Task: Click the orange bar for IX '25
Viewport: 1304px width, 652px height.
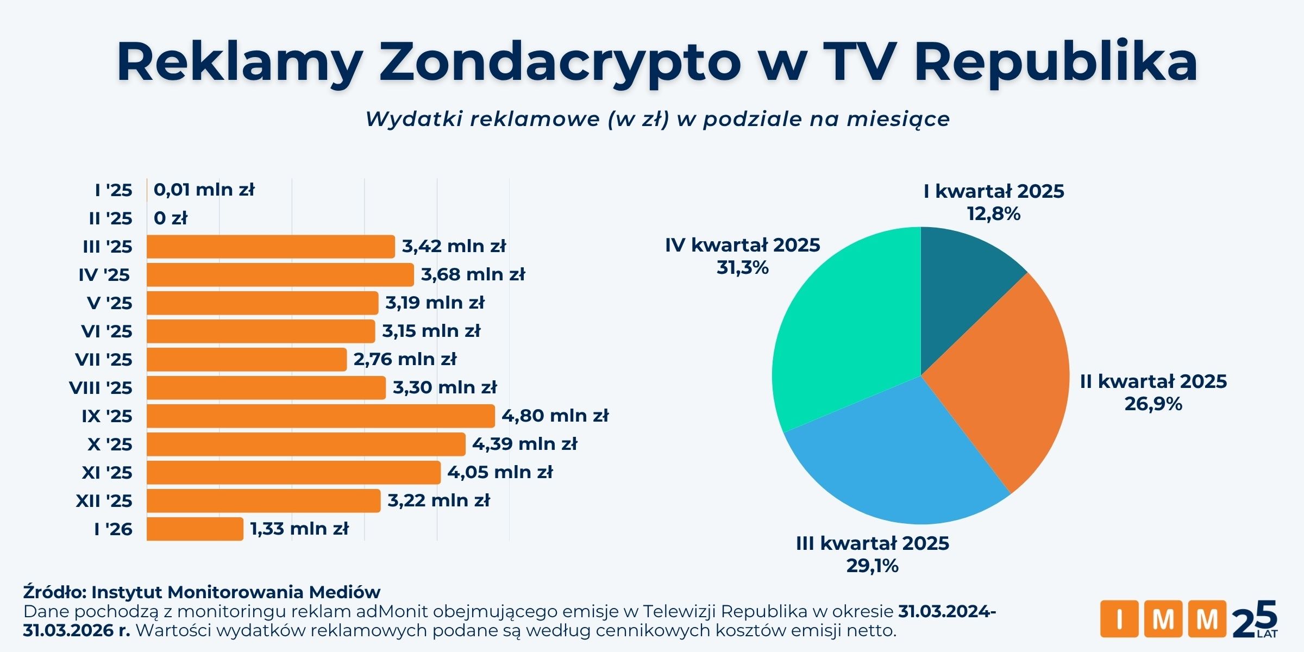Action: tap(321, 416)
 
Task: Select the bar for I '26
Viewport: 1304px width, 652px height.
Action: tap(195, 529)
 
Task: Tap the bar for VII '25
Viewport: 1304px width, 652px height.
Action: tap(246, 360)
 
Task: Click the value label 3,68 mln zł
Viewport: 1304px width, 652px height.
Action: tap(473, 274)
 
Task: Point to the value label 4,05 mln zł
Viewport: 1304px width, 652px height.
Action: tap(500, 472)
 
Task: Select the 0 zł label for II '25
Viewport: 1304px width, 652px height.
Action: tap(170, 218)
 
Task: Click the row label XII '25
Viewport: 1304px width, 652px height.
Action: tap(104, 501)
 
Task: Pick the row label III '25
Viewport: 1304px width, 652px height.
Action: tap(107, 247)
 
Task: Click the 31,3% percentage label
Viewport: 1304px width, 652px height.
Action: tap(742, 268)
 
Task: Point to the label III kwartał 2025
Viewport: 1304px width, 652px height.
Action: tap(872, 543)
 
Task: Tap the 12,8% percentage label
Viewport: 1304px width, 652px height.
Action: tap(993, 214)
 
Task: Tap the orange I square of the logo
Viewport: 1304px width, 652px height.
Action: tap(1119, 619)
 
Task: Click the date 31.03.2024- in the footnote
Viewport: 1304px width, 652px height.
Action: tap(946, 611)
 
